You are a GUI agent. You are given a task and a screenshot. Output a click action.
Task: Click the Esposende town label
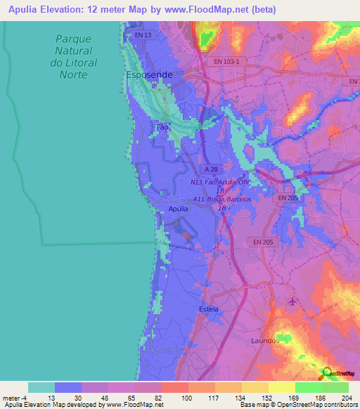tap(148, 73)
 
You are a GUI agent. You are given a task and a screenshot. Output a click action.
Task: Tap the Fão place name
tap(162, 128)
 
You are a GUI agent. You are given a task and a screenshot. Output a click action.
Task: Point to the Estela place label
tap(209, 309)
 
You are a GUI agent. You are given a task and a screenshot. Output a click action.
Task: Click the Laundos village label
tap(265, 340)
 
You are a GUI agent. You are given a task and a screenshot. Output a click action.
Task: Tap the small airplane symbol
tap(292, 302)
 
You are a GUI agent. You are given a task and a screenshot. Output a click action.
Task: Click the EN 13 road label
tap(143, 34)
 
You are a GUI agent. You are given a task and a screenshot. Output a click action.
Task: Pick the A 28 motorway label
tap(209, 170)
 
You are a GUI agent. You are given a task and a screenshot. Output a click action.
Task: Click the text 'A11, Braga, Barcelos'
tap(222, 199)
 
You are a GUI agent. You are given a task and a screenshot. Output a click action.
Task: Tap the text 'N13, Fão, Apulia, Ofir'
tap(220, 182)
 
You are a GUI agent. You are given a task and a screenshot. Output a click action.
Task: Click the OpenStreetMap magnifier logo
tap(326, 373)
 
